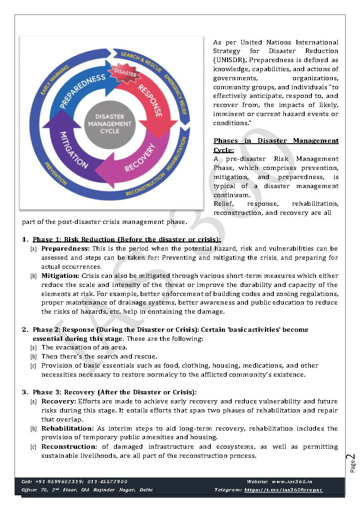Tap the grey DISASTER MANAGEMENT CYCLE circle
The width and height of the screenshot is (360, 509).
click(x=109, y=124)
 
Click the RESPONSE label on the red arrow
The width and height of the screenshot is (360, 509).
click(x=150, y=100)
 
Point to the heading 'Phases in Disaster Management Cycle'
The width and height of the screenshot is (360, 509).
click(x=276, y=145)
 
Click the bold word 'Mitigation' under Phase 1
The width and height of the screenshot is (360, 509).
click(x=60, y=276)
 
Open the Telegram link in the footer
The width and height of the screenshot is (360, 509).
click(x=283, y=490)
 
